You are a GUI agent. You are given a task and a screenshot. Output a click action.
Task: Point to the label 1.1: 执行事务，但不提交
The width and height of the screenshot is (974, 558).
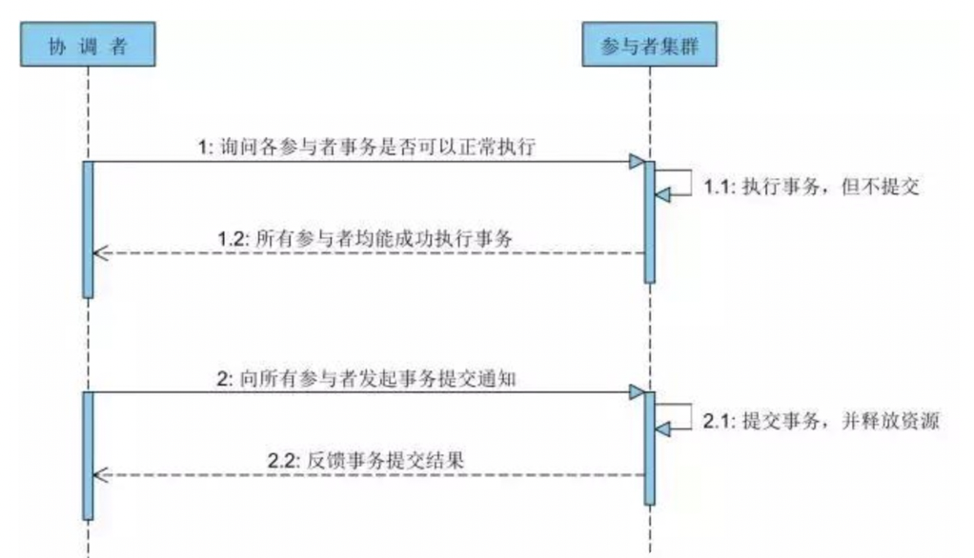[810, 188]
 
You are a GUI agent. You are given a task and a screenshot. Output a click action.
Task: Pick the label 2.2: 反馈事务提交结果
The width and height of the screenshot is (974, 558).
[372, 460]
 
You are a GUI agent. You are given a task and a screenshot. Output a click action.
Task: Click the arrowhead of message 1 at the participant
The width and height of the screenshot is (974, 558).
[636, 162]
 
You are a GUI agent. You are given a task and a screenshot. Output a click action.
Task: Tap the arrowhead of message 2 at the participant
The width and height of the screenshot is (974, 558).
[636, 391]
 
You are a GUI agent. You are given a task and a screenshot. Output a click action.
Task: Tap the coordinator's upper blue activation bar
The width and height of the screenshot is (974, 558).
[88, 229]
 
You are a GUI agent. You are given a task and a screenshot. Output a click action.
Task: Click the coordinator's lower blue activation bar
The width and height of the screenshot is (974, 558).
[88, 455]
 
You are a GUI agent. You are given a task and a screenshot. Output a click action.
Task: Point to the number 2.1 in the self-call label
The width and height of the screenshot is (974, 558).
[717, 421]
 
